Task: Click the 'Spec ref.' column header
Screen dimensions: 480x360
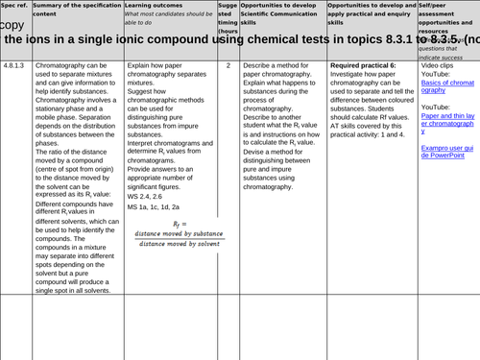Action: click(x=16, y=5)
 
